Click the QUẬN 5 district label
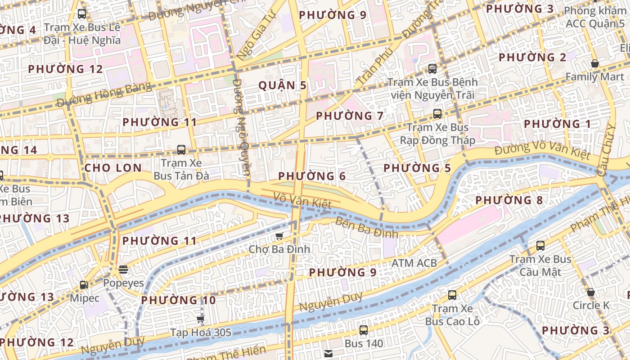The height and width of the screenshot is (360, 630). (283, 85)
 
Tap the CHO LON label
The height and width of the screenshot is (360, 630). (113, 168)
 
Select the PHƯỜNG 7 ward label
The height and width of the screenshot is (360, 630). (350, 116)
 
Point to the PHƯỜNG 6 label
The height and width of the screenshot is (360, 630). (312, 176)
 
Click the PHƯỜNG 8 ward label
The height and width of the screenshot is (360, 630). (509, 200)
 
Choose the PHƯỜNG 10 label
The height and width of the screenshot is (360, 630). (178, 300)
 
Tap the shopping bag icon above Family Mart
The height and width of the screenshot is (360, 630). (594, 64)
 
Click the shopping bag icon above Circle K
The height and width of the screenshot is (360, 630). (591, 292)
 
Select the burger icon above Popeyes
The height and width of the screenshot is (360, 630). (123, 270)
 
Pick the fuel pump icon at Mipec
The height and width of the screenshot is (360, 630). (84, 285)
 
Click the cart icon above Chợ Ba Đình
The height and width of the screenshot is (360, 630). (279, 236)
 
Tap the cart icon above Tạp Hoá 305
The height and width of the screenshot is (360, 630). (200, 319)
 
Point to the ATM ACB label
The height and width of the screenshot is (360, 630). (414, 263)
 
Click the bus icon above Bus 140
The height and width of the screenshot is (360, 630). (364, 330)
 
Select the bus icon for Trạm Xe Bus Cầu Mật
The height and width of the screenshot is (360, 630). (540, 246)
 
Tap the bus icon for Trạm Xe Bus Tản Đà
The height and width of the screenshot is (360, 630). (181, 149)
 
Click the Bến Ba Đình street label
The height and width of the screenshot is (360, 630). (367, 227)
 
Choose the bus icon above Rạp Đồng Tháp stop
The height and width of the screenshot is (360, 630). (437, 114)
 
